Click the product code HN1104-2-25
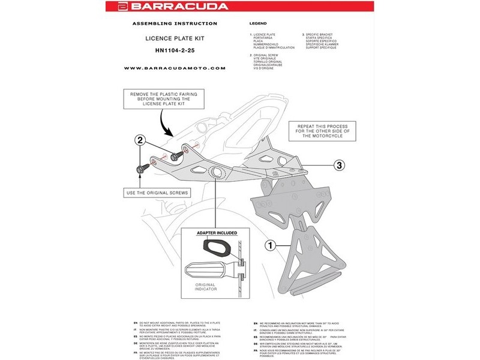[175, 50]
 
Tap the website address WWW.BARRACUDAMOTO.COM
[175, 68]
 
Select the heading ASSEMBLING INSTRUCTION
[175, 23]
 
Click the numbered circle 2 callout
[139, 141]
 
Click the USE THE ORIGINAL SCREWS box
[158, 193]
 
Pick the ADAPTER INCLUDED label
[217, 232]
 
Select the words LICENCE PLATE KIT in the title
[175, 37]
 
